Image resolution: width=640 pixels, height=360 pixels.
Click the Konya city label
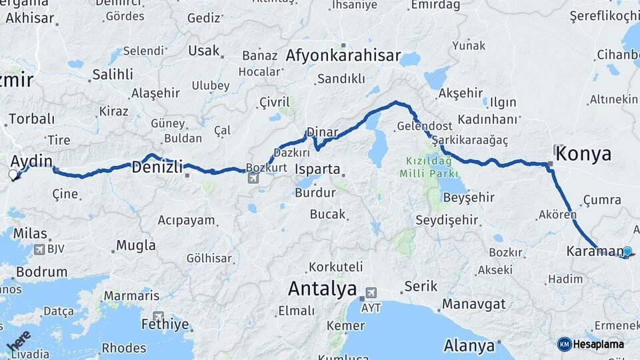583,154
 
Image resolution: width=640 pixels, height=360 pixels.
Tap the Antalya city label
322,289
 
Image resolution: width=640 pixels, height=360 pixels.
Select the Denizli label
157,167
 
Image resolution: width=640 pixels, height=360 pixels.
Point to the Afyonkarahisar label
343,55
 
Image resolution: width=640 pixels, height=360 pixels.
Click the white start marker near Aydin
13,175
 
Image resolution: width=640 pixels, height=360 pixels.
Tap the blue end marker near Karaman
627,251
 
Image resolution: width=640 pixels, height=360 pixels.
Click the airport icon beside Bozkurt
253,178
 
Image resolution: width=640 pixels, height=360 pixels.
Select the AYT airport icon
370,293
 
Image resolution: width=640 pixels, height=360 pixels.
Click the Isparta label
319,169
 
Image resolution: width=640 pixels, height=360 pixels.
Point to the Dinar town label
322,132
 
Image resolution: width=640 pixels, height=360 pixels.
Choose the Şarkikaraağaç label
470,140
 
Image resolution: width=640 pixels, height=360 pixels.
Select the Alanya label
471,346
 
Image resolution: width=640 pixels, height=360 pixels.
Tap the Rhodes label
124,347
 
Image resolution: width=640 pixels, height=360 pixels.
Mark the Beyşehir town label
469,197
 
